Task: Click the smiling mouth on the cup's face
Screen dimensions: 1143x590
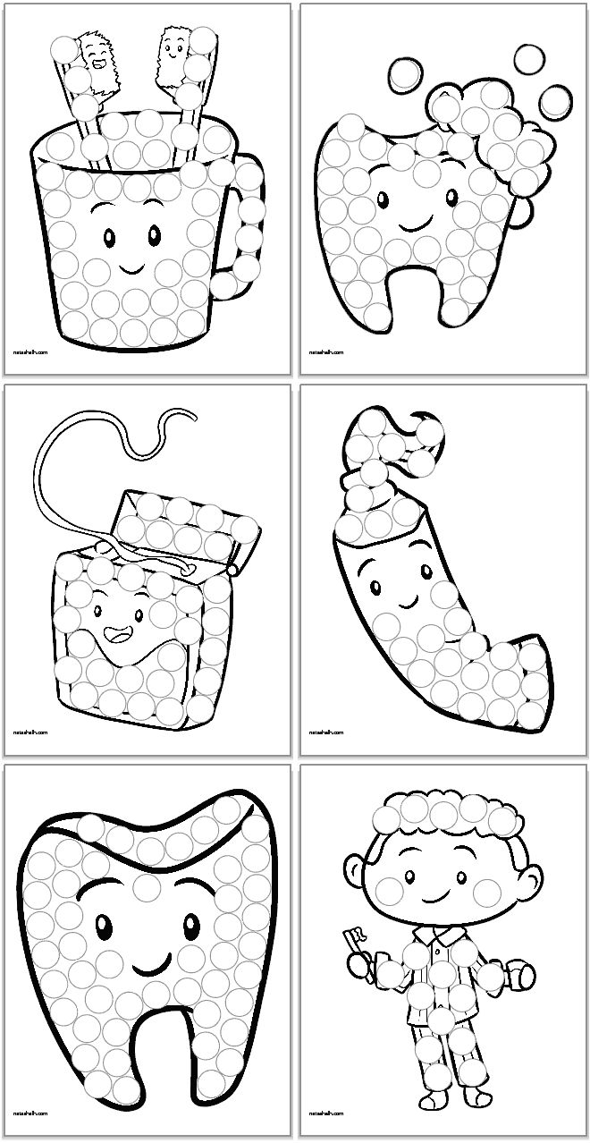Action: coord(131,267)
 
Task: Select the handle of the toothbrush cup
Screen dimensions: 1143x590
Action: coord(248,224)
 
